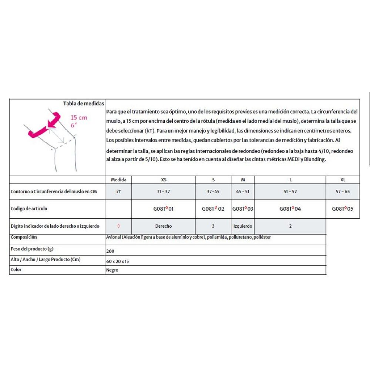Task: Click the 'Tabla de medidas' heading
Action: pyautogui.click(x=84, y=104)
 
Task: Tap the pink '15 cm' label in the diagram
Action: pyautogui.click(x=79, y=117)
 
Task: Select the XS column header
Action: pyautogui.click(x=163, y=180)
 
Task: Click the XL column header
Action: pyautogui.click(x=342, y=180)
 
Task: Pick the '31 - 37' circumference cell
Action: pyautogui.click(x=163, y=192)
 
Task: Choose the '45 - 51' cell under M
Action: pyautogui.click(x=243, y=192)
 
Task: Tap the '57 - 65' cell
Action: pyautogui.click(x=342, y=192)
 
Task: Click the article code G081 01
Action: pyautogui.click(x=163, y=209)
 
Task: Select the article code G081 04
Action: pyautogui.click(x=290, y=209)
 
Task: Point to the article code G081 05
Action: pyautogui.click(x=342, y=209)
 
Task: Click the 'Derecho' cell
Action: pyautogui.click(x=163, y=226)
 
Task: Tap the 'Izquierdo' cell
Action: pyautogui.click(x=243, y=226)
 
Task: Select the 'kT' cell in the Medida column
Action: pyautogui.click(x=118, y=192)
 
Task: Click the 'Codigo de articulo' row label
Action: pyautogui.click(x=29, y=209)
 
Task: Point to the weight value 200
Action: pyautogui.click(x=110, y=251)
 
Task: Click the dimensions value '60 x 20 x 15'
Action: pyautogui.click(x=117, y=261)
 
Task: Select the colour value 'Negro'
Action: pyautogui.click(x=112, y=270)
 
